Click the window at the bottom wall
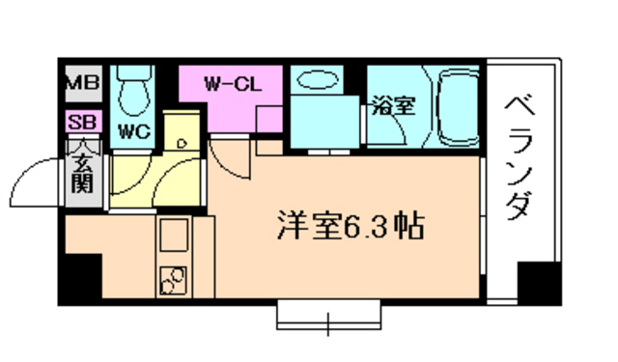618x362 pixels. pos(328,314)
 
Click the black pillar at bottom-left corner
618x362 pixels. pos(81,279)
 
